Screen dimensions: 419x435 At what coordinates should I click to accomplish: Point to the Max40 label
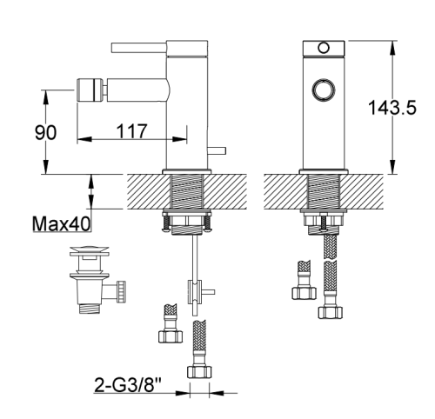tap(62, 225)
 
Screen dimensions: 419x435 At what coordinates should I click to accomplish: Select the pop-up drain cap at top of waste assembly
tap(87, 255)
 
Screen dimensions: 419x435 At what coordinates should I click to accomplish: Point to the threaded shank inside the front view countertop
tap(326, 191)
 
